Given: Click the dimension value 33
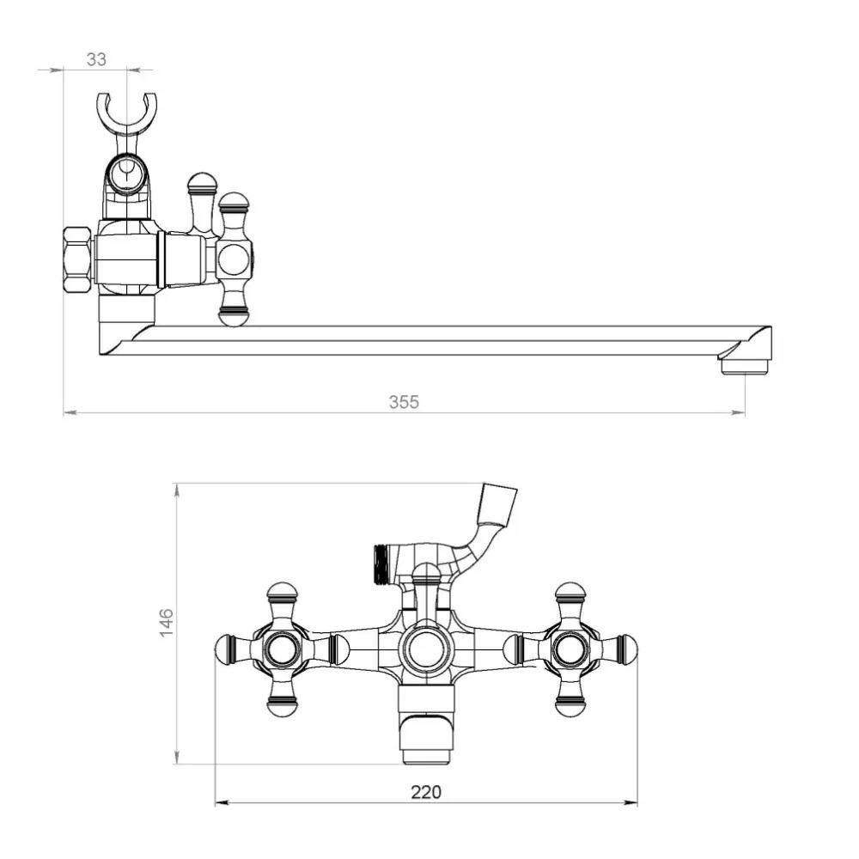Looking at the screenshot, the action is (x=96, y=59).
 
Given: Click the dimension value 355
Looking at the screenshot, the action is (x=404, y=402).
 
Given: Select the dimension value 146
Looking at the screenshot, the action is (x=166, y=622).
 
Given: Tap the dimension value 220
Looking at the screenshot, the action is (x=426, y=792).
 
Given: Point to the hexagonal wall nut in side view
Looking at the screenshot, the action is (x=76, y=260).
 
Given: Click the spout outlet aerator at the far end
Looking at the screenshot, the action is (x=745, y=367).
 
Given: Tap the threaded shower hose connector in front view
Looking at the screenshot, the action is (x=381, y=564).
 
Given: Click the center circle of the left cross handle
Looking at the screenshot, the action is (x=282, y=650).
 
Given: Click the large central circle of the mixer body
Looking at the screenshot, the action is (x=426, y=650).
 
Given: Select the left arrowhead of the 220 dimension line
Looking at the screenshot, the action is (x=222, y=803).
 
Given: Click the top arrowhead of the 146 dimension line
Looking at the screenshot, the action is (x=177, y=490).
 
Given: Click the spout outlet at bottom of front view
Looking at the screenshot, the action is (x=426, y=756).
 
